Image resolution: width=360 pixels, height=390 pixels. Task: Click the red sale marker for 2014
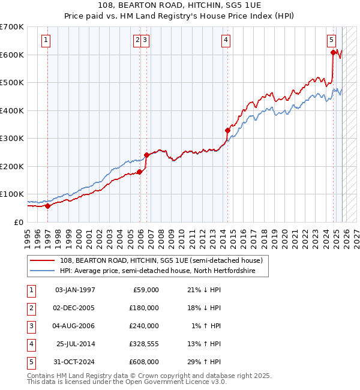[227, 130]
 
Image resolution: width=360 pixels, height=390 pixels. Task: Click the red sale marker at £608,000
[333, 53]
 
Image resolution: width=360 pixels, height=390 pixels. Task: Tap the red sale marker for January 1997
[47, 206]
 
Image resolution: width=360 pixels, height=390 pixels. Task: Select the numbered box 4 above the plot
[226, 40]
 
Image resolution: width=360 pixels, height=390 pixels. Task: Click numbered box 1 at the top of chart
[46, 40]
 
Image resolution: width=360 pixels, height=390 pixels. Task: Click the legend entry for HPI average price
[157, 271]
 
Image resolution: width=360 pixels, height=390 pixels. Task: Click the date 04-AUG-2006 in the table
[74, 326]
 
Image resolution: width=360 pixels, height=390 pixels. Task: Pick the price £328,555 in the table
[142, 344]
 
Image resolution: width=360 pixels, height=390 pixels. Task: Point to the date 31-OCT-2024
[74, 362]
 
